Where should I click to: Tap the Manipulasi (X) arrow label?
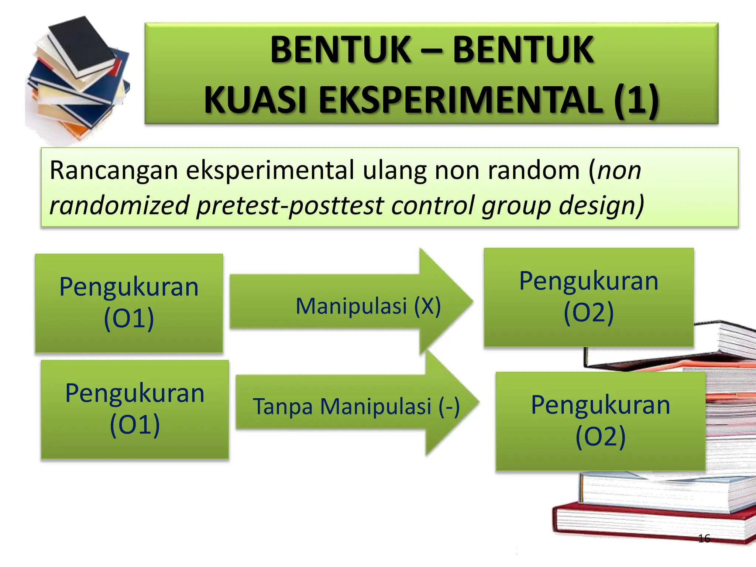coord(368,306)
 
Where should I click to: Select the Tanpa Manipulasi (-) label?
coord(356,406)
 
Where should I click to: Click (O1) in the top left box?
coord(129,318)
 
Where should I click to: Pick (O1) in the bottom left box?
coord(135,425)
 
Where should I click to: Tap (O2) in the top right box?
coord(588,312)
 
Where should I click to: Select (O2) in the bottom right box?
coord(600,436)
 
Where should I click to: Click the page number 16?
coord(704,539)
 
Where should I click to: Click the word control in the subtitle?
coord(432,205)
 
